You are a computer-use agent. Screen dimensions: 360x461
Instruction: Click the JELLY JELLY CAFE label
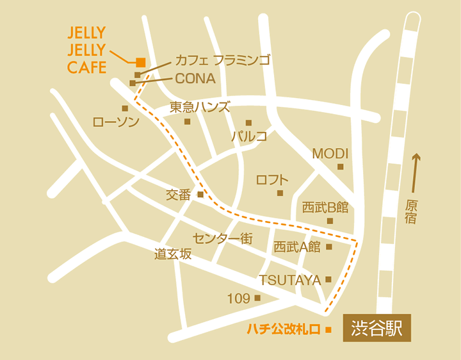pyautogui.click(x=86, y=50)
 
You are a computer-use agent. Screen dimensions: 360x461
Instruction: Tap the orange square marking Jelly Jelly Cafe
pyautogui.click(x=140, y=62)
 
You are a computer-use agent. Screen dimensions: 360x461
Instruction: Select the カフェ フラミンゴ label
pyautogui.click(x=222, y=61)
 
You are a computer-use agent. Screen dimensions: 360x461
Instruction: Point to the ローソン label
pyautogui.click(x=116, y=121)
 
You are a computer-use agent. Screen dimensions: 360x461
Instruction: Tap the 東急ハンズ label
pyautogui.click(x=200, y=107)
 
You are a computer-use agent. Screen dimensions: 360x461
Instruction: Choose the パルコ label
pyautogui.click(x=248, y=136)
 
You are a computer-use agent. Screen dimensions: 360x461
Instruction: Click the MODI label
pyautogui.click(x=330, y=154)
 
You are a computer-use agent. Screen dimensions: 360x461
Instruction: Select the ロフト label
pyautogui.click(x=272, y=180)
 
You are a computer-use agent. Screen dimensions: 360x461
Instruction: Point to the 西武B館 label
pyautogui.click(x=325, y=208)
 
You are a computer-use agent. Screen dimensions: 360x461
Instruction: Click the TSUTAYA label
pyautogui.click(x=289, y=280)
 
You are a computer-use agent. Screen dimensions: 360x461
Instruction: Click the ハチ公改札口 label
pyautogui.click(x=284, y=330)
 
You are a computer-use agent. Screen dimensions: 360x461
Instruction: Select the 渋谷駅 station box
pyautogui.click(x=376, y=329)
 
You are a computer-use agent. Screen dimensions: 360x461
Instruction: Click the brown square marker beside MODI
pyautogui.click(x=341, y=167)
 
